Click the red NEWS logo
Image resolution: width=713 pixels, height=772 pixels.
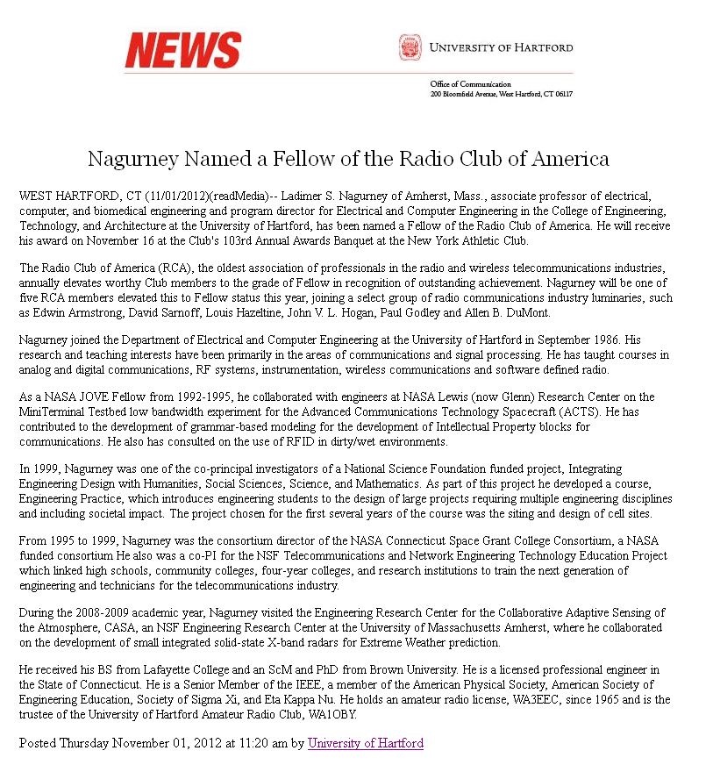[x=182, y=50]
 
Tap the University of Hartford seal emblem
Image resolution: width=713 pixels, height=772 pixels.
[x=410, y=47]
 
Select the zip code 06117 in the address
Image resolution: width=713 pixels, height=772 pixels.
[x=562, y=93]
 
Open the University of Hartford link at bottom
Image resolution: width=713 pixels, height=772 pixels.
[x=365, y=743]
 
